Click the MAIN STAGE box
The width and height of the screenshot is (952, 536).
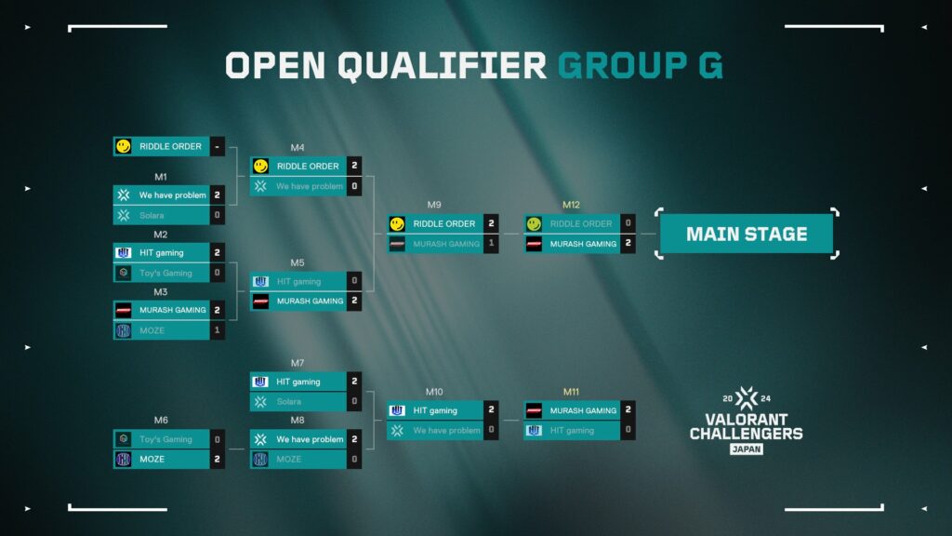pyautogui.click(x=747, y=234)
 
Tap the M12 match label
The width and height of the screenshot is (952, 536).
pyautogui.click(x=571, y=205)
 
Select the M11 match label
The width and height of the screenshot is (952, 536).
pyautogui.click(x=571, y=392)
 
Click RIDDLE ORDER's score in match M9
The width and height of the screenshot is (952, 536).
pyautogui.click(x=491, y=223)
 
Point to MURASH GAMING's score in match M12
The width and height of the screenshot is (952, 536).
pyautogui.click(x=628, y=244)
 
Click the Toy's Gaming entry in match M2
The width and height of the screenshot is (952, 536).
pyautogui.click(x=162, y=273)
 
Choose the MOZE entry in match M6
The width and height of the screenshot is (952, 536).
pyautogui.click(x=162, y=459)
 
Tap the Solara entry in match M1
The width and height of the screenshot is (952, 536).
pyautogui.click(x=162, y=215)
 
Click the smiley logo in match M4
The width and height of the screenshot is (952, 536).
pyautogui.click(x=261, y=166)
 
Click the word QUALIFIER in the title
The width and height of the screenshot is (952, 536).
pyautogui.click(x=442, y=66)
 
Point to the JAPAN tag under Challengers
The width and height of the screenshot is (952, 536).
pyautogui.click(x=747, y=449)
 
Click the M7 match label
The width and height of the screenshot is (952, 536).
pyautogui.click(x=297, y=363)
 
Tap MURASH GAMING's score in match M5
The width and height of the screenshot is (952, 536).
pyautogui.click(x=354, y=301)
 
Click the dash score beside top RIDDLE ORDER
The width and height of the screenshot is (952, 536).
pyautogui.click(x=217, y=146)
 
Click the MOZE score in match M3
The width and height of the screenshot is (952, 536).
pyautogui.click(x=217, y=330)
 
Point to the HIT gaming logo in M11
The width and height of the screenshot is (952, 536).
pyautogui.click(x=534, y=430)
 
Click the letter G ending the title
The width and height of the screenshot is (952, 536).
pyautogui.click(x=711, y=66)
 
